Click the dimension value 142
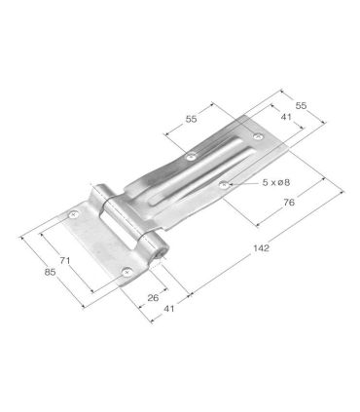point(261,248)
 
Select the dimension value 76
point(289,203)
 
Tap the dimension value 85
point(50,272)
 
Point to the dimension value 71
point(64,260)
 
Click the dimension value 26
point(153,297)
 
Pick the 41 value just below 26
point(169,309)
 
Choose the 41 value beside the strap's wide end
point(286,117)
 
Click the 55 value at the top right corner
point(301,105)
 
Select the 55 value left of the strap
point(191,119)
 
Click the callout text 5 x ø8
point(275,183)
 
